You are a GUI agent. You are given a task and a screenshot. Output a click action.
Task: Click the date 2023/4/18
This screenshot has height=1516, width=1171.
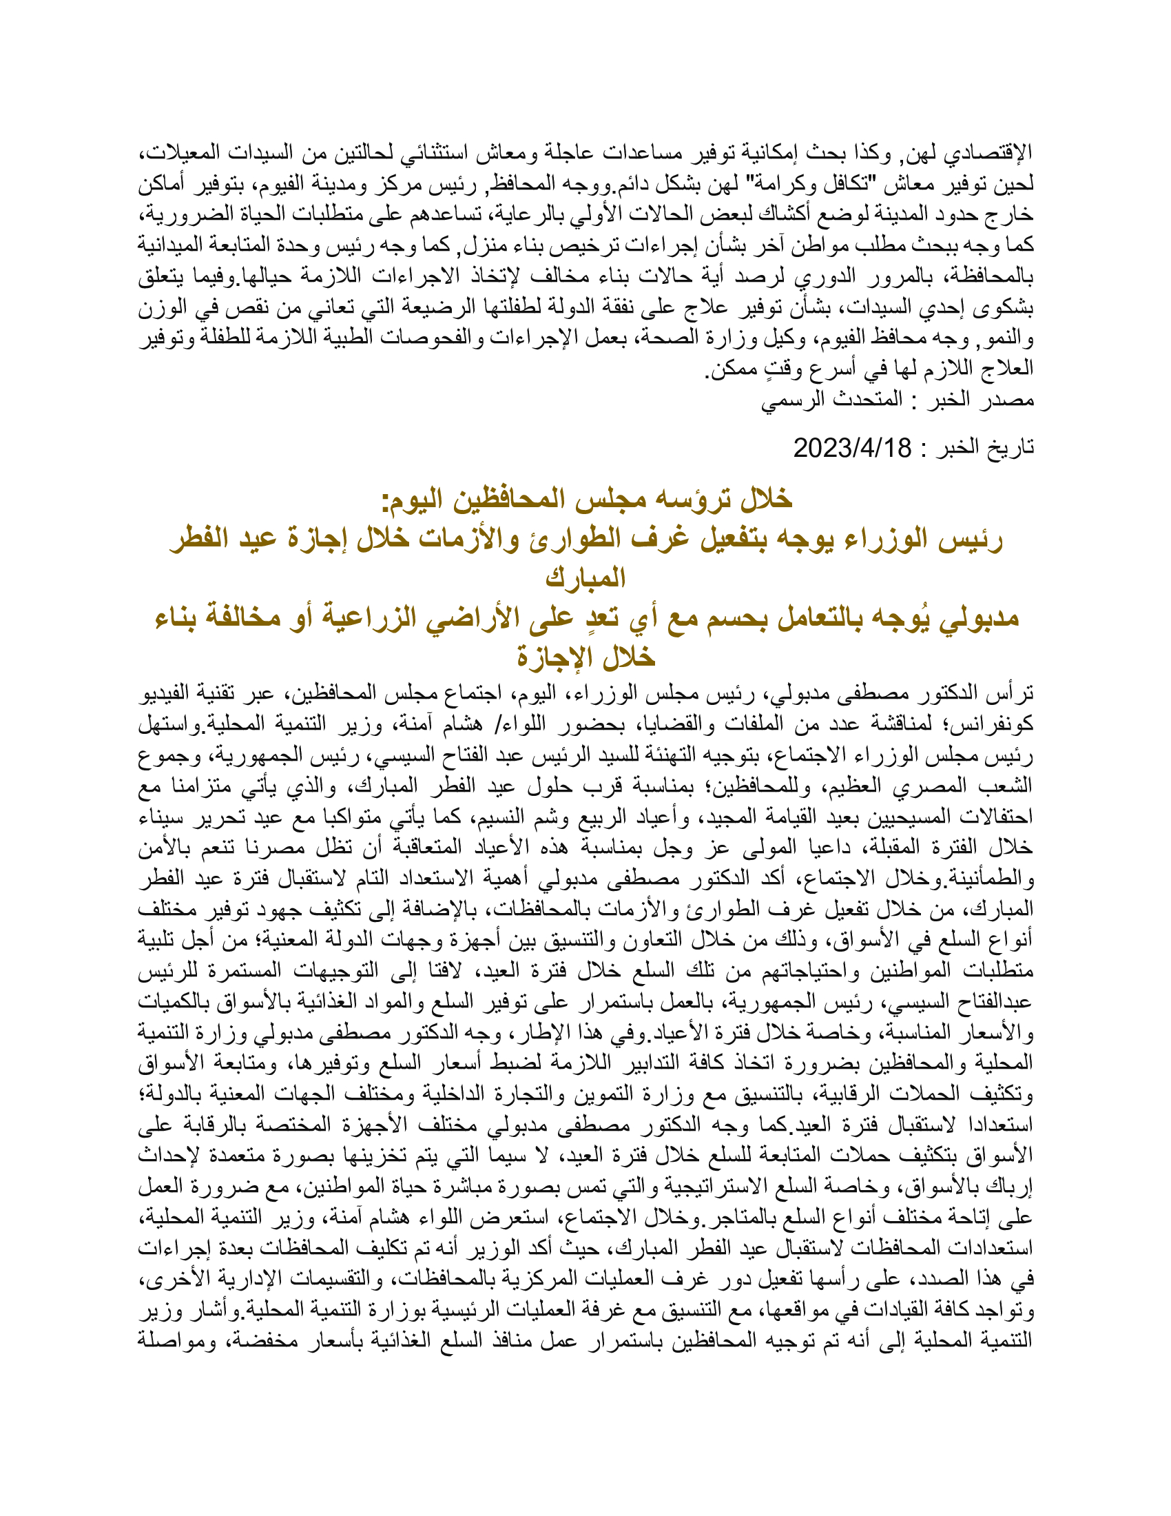click(852, 449)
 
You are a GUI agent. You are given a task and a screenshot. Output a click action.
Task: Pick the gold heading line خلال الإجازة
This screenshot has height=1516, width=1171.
click(586, 656)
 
